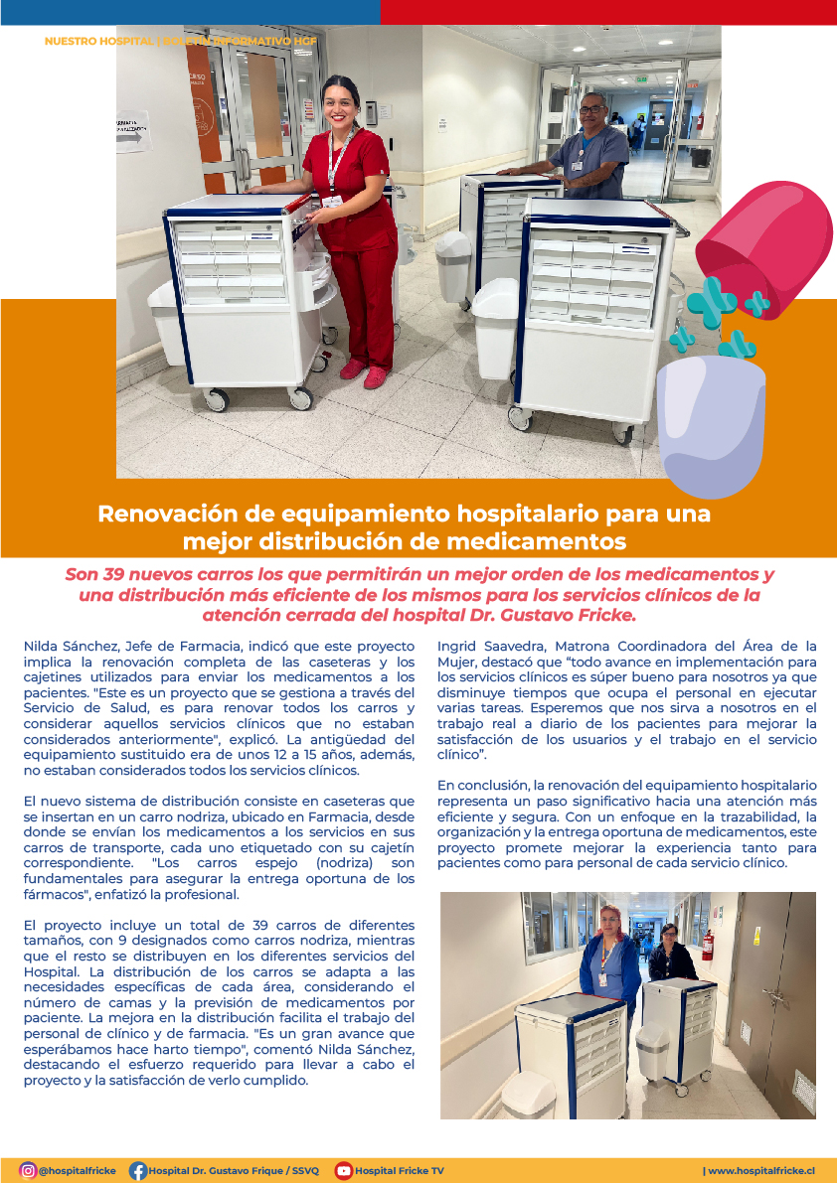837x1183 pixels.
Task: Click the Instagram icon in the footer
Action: [x=28, y=1171]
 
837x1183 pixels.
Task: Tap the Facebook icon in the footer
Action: [x=138, y=1171]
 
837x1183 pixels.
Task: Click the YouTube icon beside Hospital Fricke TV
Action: [x=344, y=1171]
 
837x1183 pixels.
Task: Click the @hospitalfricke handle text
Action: [x=78, y=1171]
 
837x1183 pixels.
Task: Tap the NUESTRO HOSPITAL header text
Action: [x=98, y=42]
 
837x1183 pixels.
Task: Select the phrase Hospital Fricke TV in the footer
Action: [x=400, y=1171]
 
